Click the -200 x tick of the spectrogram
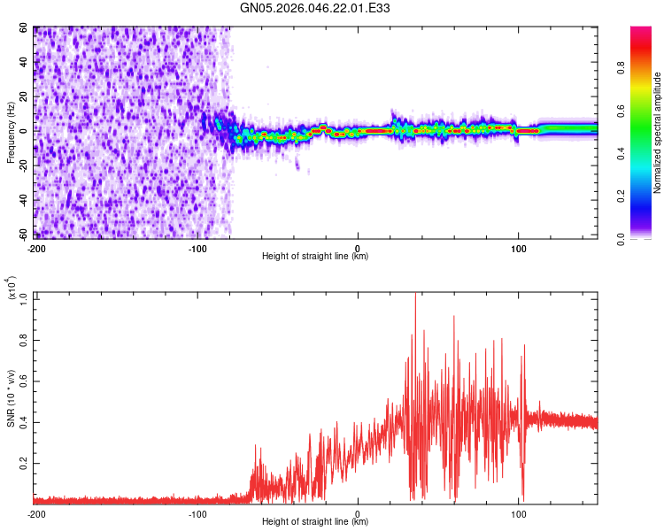coord(36,248)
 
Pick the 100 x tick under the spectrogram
coord(519,248)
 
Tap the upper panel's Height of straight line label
coord(315,257)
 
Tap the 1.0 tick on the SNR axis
coord(24,297)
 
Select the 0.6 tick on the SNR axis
coord(24,380)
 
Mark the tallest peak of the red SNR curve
coord(415,295)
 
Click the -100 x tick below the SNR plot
coord(197,513)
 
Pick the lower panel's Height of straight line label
coord(315,522)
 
